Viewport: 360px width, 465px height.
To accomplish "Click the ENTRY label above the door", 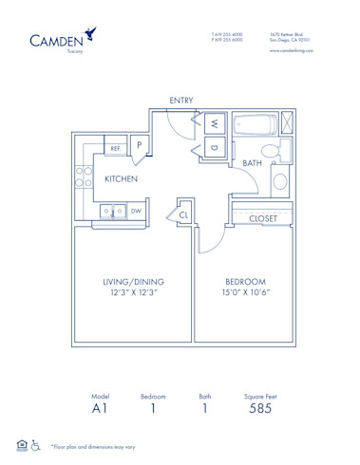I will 182,100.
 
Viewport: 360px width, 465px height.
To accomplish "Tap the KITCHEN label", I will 122,178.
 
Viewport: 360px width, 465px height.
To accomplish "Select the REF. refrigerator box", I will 114,149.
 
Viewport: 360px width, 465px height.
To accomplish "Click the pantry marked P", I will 139,145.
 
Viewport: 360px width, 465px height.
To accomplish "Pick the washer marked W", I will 214,123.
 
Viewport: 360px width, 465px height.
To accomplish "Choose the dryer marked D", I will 214,148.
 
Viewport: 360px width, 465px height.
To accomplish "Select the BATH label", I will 252,163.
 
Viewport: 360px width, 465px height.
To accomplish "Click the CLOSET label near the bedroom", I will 263,218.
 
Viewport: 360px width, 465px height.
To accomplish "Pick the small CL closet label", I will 184,216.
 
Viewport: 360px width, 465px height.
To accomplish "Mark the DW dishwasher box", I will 136,211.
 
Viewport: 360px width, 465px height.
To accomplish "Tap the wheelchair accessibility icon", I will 35,444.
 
